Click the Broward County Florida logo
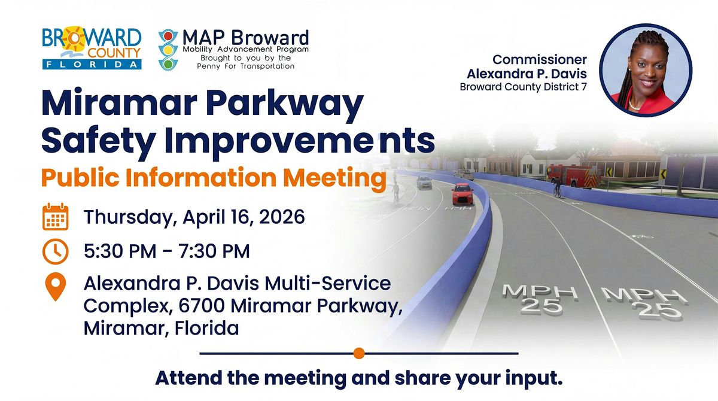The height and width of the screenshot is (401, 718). pos(92,48)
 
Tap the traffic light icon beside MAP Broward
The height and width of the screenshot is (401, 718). pos(168,50)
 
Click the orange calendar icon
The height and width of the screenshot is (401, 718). pos(56,217)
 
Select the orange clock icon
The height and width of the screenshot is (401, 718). pos(56,251)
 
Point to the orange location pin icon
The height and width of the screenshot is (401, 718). pos(56,287)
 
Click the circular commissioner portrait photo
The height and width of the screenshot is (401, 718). pos(646,70)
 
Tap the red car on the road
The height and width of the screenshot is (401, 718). pos(462,194)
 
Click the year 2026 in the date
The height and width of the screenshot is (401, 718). pos(282,217)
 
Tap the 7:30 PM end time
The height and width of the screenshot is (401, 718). pos(214,251)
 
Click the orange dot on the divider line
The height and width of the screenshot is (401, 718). pos(359,353)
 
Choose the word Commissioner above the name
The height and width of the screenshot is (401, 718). pos(540,60)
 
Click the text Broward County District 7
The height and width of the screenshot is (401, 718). pos(523,87)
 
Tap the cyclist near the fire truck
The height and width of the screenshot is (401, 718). pos(558,188)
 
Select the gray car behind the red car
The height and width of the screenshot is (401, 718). pos(424,183)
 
